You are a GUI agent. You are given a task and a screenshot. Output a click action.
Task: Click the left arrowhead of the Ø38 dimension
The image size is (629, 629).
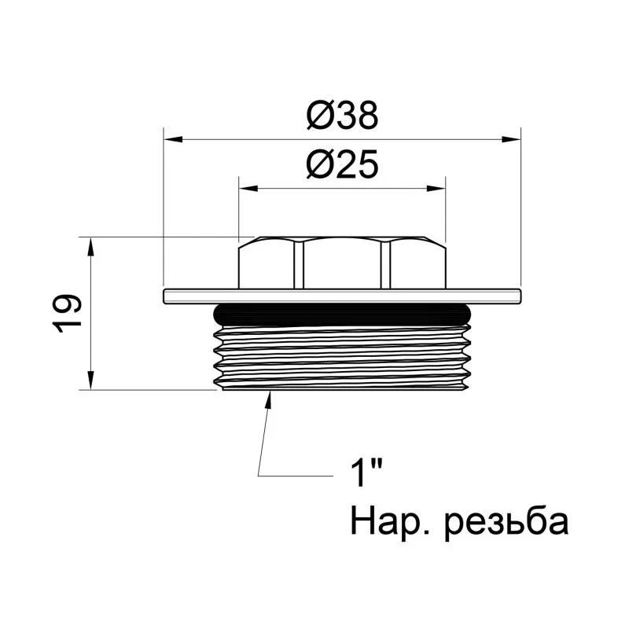pyautogui.click(x=172, y=140)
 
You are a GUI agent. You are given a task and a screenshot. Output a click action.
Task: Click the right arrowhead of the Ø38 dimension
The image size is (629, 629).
pyautogui.click(x=512, y=140)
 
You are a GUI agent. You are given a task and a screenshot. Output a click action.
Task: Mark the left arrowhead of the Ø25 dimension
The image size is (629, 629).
pyautogui.click(x=248, y=189)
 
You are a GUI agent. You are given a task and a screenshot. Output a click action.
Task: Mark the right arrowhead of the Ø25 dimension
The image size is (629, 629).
pyautogui.click(x=436, y=189)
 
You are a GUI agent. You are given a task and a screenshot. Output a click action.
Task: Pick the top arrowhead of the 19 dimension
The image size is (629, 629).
pyautogui.click(x=92, y=246)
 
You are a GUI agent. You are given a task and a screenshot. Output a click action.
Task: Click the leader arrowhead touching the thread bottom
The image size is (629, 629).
pyautogui.click(x=269, y=399)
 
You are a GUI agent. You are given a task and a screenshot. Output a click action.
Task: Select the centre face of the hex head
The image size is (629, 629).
pyautogui.click(x=343, y=264)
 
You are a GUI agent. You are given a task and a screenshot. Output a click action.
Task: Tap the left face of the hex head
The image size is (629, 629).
pyautogui.click(x=268, y=264)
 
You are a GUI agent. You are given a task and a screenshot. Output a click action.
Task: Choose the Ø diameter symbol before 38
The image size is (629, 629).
pyautogui.click(x=319, y=116)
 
